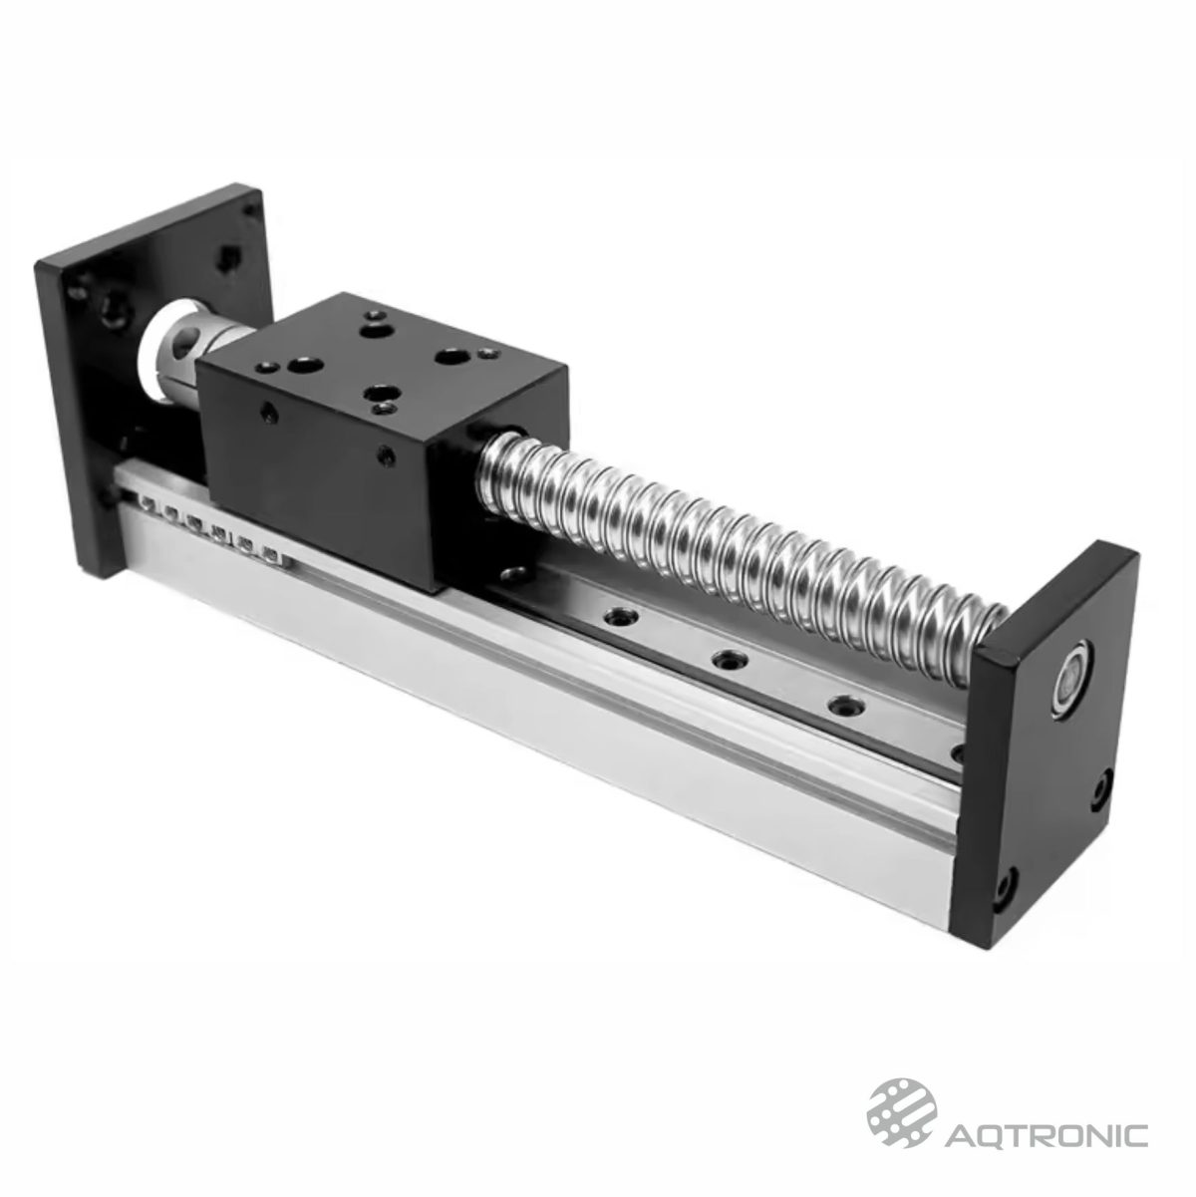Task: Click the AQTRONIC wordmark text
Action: point(1047,1135)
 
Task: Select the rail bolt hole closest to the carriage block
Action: point(514,576)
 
